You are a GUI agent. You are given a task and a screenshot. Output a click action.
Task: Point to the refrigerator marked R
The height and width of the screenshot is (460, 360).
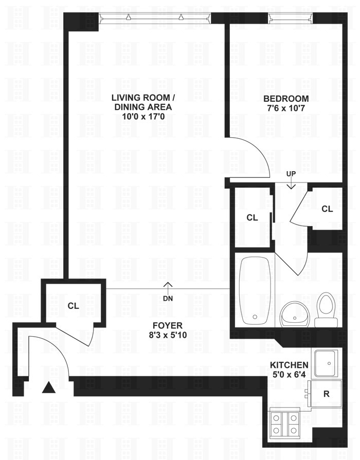[325, 395]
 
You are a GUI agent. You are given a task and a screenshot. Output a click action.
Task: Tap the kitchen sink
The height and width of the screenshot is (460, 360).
[326, 363]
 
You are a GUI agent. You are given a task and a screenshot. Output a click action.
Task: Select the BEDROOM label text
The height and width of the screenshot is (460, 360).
[286, 99]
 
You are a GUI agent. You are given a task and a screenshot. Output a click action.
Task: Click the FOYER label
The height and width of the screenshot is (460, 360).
[167, 325]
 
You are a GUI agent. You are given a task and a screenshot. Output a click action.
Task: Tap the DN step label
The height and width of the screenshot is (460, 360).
[167, 298]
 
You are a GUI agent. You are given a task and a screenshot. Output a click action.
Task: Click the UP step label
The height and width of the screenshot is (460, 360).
[291, 174]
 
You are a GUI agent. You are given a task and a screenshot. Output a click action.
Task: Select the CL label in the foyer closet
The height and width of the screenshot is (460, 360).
[73, 306]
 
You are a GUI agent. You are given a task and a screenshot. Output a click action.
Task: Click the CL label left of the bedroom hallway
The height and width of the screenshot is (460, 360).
[251, 217]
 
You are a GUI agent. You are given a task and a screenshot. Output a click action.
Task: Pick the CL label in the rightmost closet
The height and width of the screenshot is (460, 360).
[327, 209]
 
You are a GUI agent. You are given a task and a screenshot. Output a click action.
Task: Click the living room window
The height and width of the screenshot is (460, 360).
[155, 17]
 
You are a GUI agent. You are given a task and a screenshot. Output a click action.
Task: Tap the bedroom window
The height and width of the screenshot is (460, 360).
[290, 17]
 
